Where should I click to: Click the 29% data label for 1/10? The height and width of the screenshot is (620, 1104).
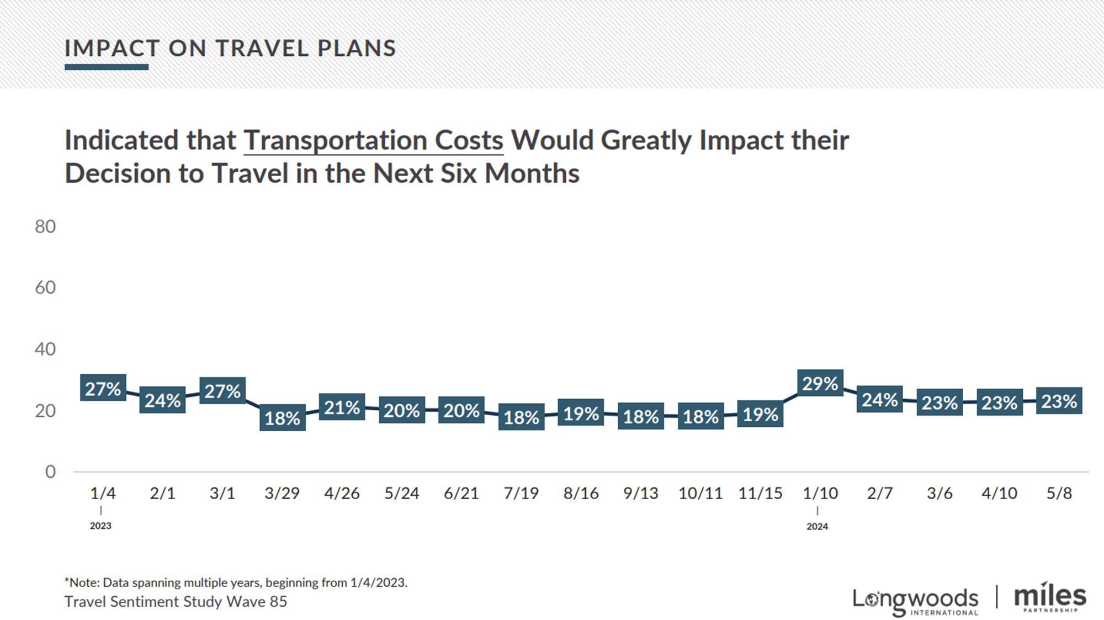[x=820, y=383]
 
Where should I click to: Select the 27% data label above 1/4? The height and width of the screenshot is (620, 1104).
[x=103, y=389]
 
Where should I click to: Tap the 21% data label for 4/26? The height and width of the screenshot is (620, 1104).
[x=342, y=407]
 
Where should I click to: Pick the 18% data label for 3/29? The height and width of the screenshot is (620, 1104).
[x=282, y=418]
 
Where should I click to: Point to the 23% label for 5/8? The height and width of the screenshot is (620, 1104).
[x=1059, y=401]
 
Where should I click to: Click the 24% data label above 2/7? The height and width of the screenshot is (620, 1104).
[x=880, y=399]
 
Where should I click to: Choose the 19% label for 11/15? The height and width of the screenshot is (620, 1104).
[x=760, y=414]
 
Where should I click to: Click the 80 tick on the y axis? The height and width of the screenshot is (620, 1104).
[x=45, y=226]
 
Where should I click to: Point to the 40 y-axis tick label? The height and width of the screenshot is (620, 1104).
[x=45, y=349]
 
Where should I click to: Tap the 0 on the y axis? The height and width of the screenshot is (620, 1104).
[x=50, y=471]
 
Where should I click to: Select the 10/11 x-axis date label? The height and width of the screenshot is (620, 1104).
[x=700, y=493]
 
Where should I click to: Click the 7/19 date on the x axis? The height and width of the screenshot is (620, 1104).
[x=521, y=493]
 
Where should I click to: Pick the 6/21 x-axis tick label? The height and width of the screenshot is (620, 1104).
[x=461, y=493]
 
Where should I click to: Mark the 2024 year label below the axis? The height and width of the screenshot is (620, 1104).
[x=817, y=527]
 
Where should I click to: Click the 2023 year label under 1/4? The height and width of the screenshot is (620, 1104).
[x=100, y=526]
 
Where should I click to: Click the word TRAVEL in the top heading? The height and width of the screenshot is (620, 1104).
[x=262, y=49]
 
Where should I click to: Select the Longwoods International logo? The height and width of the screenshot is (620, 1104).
[x=915, y=601]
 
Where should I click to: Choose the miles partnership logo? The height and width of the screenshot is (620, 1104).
[x=1050, y=598]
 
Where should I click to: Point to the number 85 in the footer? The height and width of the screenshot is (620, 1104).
[x=278, y=601]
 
